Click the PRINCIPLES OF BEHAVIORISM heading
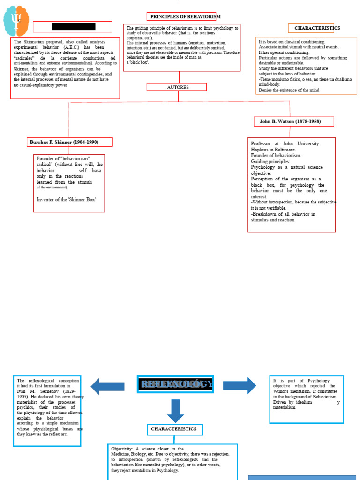(185, 17)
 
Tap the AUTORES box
(177, 87)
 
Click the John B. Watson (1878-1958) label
(293, 121)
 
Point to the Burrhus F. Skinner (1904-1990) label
(70, 142)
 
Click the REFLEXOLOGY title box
(175, 384)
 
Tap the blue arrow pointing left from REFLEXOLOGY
(107, 386)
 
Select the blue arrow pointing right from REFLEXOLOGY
(239, 385)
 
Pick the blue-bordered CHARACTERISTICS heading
(174, 429)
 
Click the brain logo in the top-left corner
(16, 21)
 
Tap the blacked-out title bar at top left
(73, 27)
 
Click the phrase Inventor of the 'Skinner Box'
(67, 199)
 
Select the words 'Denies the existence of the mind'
(289, 90)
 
